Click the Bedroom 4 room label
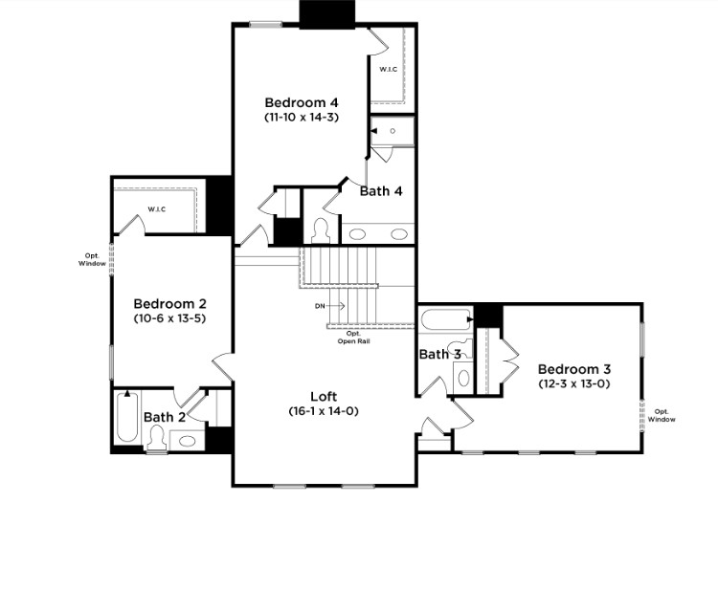coord(302,102)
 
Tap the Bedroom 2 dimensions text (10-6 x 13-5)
coord(169,318)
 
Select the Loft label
coord(324,397)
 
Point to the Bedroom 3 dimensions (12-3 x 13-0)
coord(574,383)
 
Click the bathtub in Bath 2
coord(127,416)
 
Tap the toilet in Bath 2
coord(157,437)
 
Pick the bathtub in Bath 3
coord(445,319)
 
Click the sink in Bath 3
coord(463,378)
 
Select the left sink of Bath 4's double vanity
coord(357,234)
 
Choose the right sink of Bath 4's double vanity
coord(399,234)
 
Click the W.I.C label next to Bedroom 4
coord(389,70)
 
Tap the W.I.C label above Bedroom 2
coord(157,209)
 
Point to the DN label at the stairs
coord(320,306)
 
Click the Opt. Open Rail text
coord(353,338)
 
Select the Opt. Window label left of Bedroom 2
coord(92,260)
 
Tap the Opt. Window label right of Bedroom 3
coord(662,415)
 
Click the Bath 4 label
coord(381,191)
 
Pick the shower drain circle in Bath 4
coord(393,131)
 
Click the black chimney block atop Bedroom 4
coord(327,14)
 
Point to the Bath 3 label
coord(440,354)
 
